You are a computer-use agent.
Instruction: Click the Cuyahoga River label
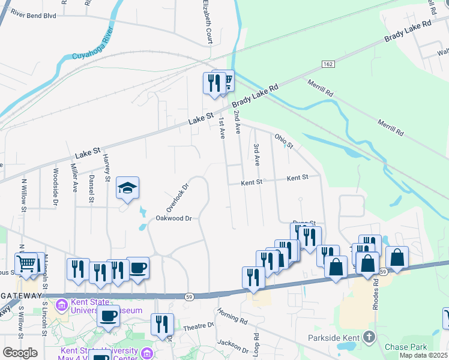tap(82, 49)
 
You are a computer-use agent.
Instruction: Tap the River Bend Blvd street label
tap(33, 15)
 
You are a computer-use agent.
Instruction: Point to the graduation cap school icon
tap(127, 188)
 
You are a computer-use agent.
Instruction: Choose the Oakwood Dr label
tap(173, 218)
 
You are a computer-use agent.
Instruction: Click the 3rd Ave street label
tap(256, 154)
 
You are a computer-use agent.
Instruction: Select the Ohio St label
tap(284, 141)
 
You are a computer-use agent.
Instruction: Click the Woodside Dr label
tap(55, 184)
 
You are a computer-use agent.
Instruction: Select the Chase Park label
tap(405, 347)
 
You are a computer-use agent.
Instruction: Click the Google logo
tap(20, 353)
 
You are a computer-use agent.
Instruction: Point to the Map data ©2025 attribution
tap(424, 355)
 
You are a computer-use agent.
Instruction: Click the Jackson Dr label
tap(233, 346)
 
